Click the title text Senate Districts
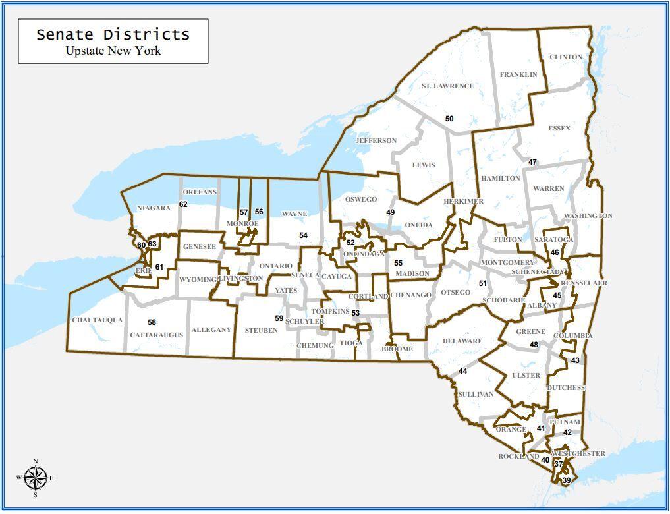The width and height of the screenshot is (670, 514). coord(113,34)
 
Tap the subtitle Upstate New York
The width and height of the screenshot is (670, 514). coord(113,51)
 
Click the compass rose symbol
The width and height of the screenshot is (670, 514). coord(36,478)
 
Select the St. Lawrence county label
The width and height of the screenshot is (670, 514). coord(447,86)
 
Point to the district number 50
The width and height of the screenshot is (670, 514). coord(449,119)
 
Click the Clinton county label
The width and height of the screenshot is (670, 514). coord(565,57)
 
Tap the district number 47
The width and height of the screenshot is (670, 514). coord(532,162)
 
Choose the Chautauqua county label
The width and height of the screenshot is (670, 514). coord(98,320)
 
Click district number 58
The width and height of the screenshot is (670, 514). coord(152,322)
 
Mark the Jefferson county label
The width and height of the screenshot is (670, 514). coord(376,140)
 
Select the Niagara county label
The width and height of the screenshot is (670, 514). coord(154,208)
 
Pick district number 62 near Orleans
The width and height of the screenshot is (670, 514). coord(183,204)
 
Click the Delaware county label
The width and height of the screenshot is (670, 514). coord(462,341)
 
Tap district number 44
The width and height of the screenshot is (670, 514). coord(462,372)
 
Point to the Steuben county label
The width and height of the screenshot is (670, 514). coord(261,330)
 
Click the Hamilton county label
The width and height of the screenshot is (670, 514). coord(500,179)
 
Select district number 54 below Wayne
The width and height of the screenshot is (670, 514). coord(303,235)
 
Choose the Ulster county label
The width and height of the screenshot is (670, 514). coord(526,375)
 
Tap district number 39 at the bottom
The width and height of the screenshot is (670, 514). coord(566,481)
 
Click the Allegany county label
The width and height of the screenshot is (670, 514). coord(211,329)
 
